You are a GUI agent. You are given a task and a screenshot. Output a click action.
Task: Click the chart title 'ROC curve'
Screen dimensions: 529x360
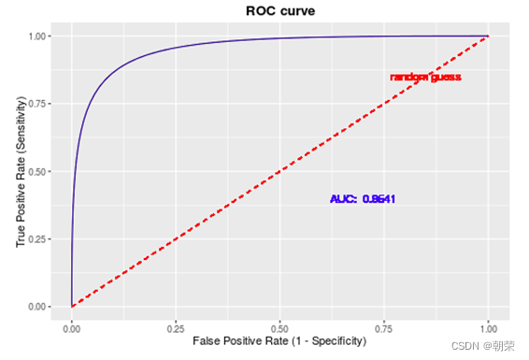pos(280,11)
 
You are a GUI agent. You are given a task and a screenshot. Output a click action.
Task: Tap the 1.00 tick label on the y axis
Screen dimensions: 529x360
pos(37,36)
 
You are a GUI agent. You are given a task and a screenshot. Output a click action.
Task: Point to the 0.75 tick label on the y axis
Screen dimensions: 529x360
pos(37,104)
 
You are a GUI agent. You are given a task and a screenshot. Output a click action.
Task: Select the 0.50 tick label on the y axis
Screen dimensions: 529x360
pos(37,171)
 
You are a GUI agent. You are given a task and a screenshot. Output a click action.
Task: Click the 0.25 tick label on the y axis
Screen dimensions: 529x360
pos(37,238)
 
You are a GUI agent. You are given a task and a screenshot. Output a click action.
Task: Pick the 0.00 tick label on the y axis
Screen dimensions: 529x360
pos(37,307)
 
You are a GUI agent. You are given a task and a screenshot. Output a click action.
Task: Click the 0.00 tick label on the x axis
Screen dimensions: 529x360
pos(72,328)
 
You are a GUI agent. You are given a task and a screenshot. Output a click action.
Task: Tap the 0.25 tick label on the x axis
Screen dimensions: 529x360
pos(176,328)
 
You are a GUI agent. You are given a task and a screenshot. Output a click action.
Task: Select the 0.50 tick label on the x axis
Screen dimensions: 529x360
pos(279,328)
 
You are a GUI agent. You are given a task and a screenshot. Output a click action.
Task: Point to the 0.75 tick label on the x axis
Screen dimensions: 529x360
pos(384,328)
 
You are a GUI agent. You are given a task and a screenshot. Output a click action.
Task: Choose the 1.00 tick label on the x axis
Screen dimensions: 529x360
pos(488,328)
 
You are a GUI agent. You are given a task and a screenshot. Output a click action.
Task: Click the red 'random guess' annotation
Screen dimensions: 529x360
pos(425,78)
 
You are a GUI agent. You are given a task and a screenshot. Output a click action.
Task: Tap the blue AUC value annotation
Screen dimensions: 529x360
pos(363,199)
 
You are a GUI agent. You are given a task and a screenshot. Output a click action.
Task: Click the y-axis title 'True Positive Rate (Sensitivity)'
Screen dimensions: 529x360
pos(21,171)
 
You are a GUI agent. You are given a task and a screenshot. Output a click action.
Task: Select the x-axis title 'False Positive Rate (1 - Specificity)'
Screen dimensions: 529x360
pos(279,341)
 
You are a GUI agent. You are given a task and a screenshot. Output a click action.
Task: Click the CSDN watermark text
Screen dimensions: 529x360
pos(483,346)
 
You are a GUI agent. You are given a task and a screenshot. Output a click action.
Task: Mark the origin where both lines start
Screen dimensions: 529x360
pos(72,307)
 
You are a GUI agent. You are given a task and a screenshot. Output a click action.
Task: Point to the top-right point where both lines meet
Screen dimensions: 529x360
pos(488,36)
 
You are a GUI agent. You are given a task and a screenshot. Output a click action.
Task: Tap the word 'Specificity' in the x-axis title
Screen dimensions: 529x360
pos(336,341)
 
